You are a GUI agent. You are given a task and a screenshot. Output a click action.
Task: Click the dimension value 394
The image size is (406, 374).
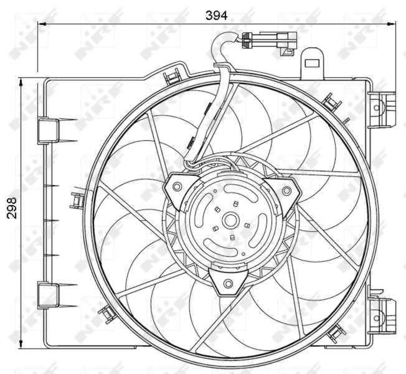[217, 14]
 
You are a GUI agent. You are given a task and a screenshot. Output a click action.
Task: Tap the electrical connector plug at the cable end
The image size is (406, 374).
[274, 40]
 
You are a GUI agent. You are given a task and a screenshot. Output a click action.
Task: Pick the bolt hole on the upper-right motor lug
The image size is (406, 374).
[286, 190]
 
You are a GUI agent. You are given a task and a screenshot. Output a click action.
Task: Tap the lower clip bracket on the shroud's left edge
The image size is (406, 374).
[47, 293]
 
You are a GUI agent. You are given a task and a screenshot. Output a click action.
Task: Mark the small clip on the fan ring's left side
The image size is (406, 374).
[78, 201]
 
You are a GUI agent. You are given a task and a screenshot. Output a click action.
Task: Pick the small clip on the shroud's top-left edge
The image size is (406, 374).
[169, 78]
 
